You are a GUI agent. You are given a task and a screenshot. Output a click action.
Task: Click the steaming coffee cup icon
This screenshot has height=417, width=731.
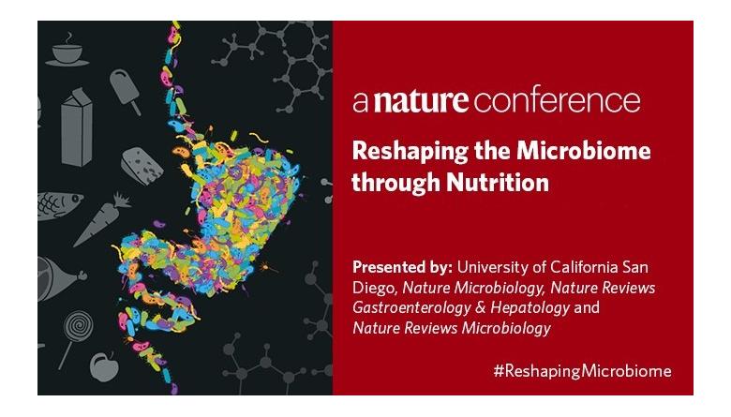click(67, 51)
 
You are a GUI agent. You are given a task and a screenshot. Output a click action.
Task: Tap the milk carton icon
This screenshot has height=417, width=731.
click(77, 127)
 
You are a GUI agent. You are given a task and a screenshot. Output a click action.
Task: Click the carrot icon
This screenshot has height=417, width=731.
click(101, 219)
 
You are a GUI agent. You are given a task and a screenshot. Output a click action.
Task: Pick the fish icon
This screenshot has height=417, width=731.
click(59, 205)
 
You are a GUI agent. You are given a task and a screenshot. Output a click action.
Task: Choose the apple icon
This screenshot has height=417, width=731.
click(103, 366)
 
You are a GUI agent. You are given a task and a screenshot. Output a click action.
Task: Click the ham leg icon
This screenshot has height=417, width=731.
click(59, 278)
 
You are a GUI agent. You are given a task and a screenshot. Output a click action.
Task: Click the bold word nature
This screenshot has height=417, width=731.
click(421, 100)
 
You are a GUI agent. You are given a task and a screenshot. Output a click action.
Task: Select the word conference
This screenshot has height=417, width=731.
click(557, 101)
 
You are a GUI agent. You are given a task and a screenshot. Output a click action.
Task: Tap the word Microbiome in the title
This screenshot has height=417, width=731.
click(583, 151)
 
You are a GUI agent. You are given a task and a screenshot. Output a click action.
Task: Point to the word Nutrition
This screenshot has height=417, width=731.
click(498, 182)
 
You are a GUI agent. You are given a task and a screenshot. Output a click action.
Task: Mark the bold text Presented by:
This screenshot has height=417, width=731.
click(402, 267)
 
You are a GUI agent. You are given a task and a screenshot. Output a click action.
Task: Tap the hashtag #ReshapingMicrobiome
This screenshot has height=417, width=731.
click(582, 371)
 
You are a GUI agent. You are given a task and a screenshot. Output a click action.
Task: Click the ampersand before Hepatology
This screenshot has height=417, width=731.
click(481, 307)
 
